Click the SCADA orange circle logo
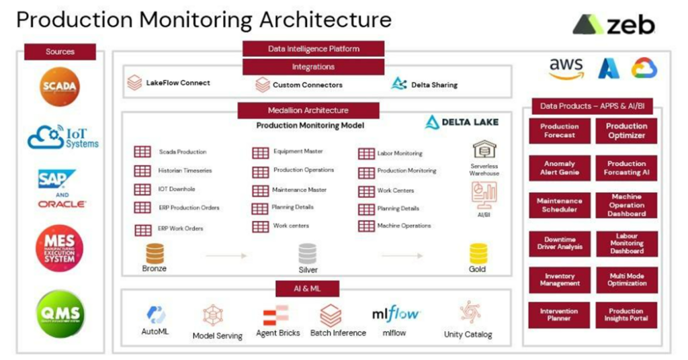pyautogui.click(x=59, y=87)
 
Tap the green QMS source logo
pyautogui.click(x=60, y=313)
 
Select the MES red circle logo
pyautogui.click(x=60, y=249)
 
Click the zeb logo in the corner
pyautogui.click(x=613, y=25)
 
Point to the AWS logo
pyautogui.click(x=566, y=69)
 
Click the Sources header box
pyautogui.click(x=60, y=52)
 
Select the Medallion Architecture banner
pyautogui.click(x=308, y=110)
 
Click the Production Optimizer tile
pyautogui.click(x=626, y=131)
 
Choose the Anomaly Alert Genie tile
pyautogui.click(x=559, y=168)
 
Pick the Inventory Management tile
pyautogui.click(x=559, y=280)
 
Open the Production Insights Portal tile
pyautogui.click(x=626, y=315)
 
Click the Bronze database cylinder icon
pyautogui.click(x=155, y=253)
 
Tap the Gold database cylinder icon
pyautogui.click(x=478, y=253)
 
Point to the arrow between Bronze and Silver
pyautogui.click(x=226, y=256)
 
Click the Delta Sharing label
pyautogui.click(x=434, y=85)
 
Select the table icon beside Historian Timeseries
pyautogui.click(x=142, y=171)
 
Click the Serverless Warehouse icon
pyautogui.click(x=484, y=149)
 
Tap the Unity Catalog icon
pyautogui.click(x=468, y=313)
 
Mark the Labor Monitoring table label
pyautogui.click(x=400, y=154)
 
